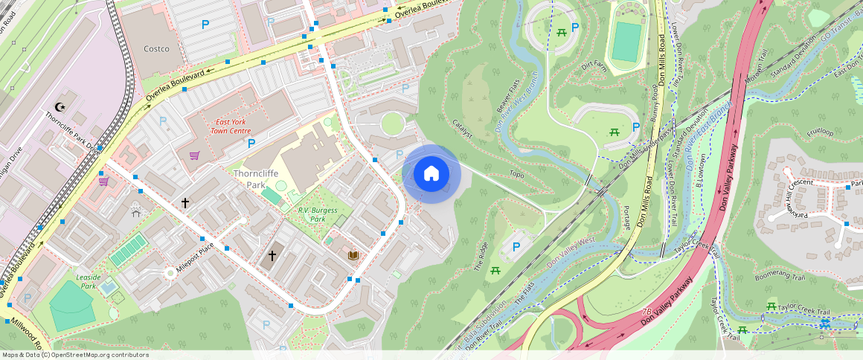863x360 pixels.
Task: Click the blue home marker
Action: point(431,174)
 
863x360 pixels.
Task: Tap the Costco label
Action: point(156,49)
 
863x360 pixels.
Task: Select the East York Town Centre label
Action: point(231,126)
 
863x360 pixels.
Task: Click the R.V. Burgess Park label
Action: point(318,215)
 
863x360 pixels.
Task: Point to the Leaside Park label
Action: point(89,281)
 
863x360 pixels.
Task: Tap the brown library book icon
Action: point(353,255)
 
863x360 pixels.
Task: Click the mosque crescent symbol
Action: point(60,108)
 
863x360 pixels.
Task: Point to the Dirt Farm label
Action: point(594,66)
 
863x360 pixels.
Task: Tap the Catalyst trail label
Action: point(462,129)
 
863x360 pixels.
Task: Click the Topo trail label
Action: point(516,175)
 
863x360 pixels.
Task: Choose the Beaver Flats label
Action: point(508,96)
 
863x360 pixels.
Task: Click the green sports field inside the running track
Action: point(626,42)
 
